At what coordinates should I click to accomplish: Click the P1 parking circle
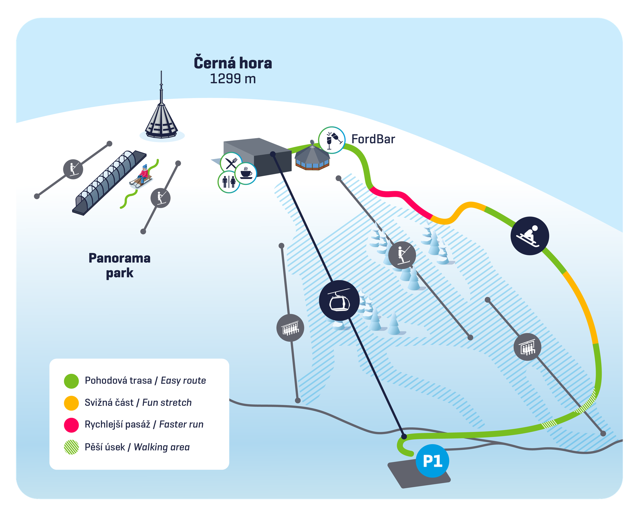(432, 460)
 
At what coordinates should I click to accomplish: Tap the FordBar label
(373, 139)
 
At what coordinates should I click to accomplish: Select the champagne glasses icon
(332, 140)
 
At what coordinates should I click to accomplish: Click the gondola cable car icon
(339, 300)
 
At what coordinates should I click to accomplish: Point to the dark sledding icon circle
(529, 236)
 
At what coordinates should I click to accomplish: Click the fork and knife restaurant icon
(231, 163)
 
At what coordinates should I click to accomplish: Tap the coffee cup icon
(246, 173)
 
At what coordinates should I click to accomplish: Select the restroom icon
(229, 182)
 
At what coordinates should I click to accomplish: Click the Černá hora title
(233, 63)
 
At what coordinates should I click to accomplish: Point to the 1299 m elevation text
(233, 79)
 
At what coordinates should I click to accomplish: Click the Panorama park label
(120, 266)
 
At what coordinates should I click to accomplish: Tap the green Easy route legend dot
(71, 381)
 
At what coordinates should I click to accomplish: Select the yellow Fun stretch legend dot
(71, 403)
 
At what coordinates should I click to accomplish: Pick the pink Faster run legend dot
(71, 425)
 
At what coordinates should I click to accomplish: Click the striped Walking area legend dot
(71, 447)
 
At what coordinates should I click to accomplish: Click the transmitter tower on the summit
(161, 119)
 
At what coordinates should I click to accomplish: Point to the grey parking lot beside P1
(409, 475)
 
